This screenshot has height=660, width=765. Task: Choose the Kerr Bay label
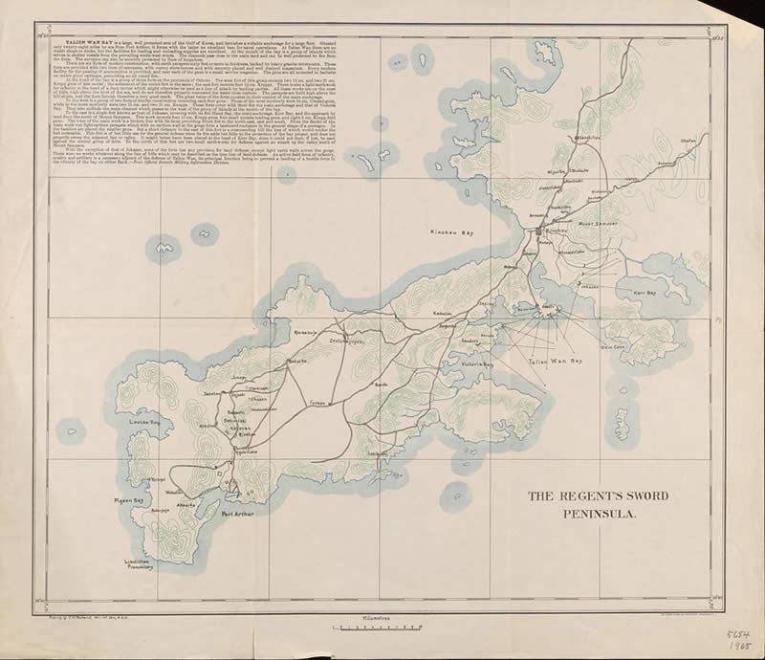[645, 293]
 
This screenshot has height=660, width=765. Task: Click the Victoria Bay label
[474, 364]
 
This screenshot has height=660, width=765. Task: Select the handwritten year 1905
[737, 648]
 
